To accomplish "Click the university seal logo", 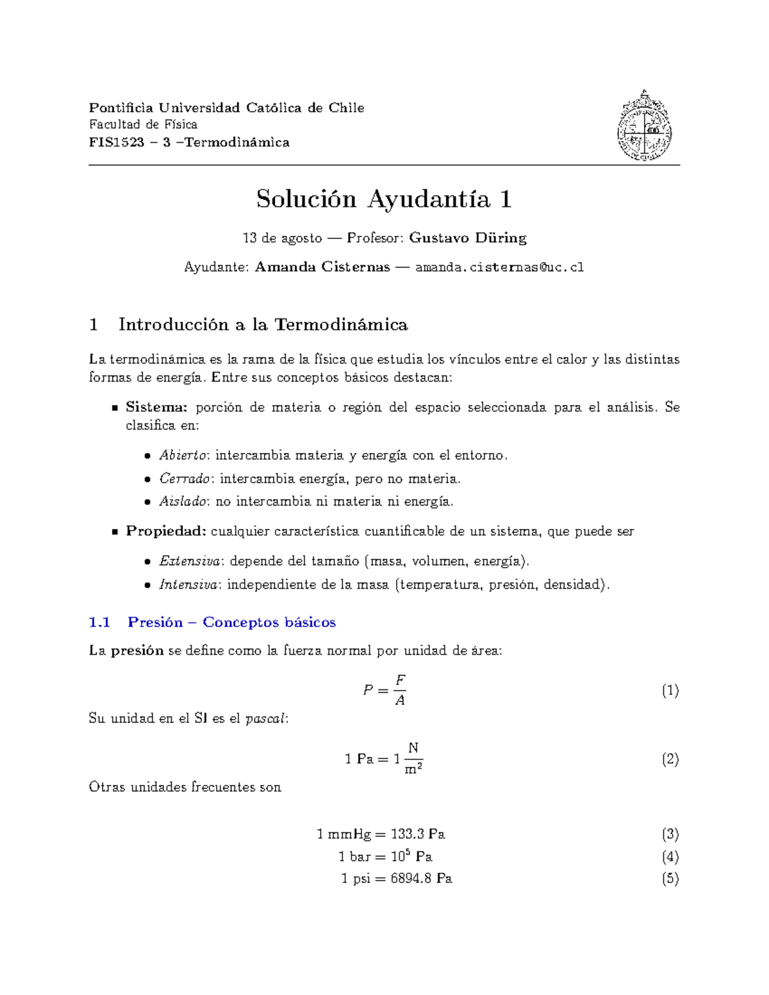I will (x=644, y=126).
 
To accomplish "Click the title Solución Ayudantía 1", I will (x=384, y=199).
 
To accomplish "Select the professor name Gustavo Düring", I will (x=467, y=238).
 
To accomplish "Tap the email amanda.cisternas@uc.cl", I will (x=499, y=267).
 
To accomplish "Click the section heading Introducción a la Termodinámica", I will (x=263, y=325).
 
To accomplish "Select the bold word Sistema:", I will (x=156, y=407).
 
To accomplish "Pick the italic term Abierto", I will (x=183, y=456).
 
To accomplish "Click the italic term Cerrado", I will (x=185, y=479).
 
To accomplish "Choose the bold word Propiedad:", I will (x=165, y=531).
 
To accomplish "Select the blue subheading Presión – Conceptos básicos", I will (x=231, y=622).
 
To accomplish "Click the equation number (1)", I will (x=670, y=691).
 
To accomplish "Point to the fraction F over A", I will (x=400, y=690).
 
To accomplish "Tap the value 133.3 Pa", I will (x=418, y=834).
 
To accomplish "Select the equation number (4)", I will (x=670, y=857).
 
